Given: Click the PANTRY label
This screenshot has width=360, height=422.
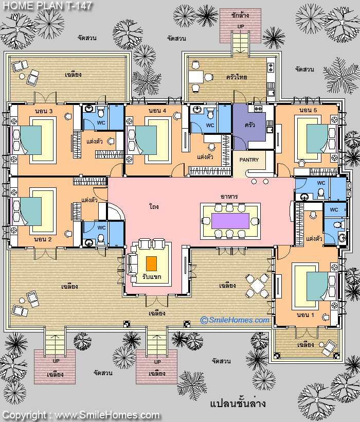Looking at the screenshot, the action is point(249,160).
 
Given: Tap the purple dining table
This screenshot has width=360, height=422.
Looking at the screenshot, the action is point(230,221).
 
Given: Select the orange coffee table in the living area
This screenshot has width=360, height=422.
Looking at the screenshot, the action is point(151,263).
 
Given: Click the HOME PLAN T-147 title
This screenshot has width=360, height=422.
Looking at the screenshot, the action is point(47,6).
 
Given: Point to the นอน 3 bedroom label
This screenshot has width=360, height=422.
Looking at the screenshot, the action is point(44,111).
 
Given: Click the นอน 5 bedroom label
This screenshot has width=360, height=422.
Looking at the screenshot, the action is point(308,110).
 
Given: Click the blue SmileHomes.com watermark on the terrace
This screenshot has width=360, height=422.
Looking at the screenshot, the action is point(235,320).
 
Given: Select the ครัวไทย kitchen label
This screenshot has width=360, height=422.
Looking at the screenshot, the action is point(237,77).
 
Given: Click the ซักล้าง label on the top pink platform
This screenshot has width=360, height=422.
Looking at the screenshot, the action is point(240,15).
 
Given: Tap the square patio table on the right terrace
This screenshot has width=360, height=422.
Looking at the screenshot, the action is point(257,286).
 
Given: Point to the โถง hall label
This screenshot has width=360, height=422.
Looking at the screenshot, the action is point(154,207).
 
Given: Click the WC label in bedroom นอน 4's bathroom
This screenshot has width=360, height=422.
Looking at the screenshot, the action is point(210,126).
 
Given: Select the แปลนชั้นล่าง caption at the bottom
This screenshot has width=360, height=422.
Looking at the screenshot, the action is point(238,403).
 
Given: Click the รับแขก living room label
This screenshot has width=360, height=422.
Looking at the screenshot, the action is point(152,277).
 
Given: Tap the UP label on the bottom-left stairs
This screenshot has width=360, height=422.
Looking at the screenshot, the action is point(56,361).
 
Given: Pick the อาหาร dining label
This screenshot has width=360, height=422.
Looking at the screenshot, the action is point(229,197).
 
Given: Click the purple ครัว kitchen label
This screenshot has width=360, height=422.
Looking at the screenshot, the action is point(250,125).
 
